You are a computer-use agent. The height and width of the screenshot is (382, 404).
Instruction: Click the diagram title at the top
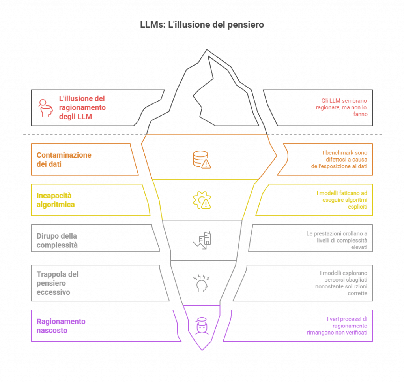(x=202, y=26)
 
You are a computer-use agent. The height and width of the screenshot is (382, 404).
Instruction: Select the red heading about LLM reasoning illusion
(x=82, y=108)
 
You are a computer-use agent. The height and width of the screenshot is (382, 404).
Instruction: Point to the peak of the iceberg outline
(x=208, y=51)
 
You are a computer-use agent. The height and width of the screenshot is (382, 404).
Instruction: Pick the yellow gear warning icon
(x=202, y=200)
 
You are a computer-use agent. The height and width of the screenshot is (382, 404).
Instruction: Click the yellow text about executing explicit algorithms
(x=342, y=200)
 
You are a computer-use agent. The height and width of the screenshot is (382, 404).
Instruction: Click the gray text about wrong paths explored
(x=342, y=283)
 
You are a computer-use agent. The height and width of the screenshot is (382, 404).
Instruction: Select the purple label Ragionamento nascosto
(x=61, y=326)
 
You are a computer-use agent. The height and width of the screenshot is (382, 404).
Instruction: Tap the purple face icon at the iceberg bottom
(x=202, y=326)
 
